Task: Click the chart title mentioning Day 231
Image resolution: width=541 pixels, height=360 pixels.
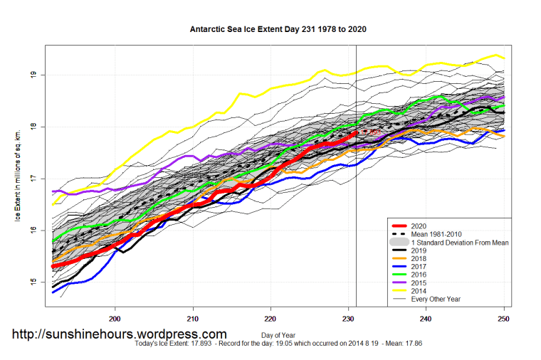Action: pos(278,30)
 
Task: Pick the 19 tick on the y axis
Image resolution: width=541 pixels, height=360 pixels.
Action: pos(33,75)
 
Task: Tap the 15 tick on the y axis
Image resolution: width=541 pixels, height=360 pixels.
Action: pos(33,282)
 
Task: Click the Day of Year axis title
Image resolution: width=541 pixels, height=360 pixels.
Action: pos(278,334)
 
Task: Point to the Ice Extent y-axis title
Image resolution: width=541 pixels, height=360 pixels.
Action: pos(16,175)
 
